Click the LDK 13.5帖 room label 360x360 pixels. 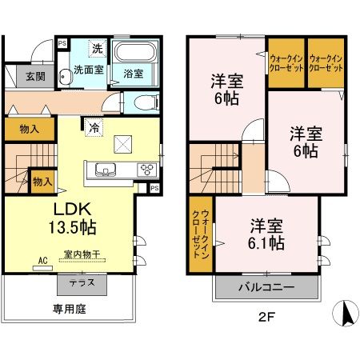[x=67, y=218]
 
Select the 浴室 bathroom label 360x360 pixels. [x=133, y=74]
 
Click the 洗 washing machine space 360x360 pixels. [x=96, y=48]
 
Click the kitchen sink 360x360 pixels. [x=106, y=170]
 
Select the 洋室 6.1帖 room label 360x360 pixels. [x=266, y=234]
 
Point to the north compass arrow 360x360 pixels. [x=346, y=313]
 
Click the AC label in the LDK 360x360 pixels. [x=42, y=261]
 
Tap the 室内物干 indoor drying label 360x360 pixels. [x=86, y=255]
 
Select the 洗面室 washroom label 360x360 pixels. [x=90, y=70]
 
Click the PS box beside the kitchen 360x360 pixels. [x=154, y=188]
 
